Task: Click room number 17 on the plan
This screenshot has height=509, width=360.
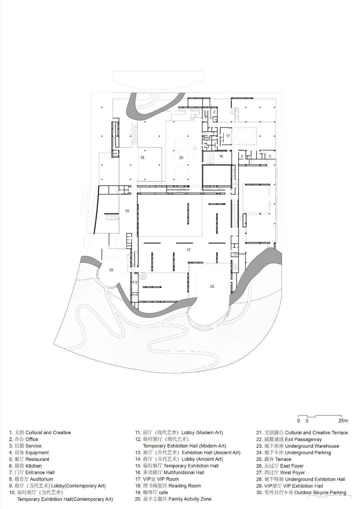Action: point(228,136)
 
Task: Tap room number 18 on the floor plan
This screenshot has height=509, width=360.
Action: point(142,157)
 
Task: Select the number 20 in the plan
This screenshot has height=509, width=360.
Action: point(181,157)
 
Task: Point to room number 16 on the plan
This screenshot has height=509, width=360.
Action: point(221,156)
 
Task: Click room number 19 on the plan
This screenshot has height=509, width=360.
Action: point(127,211)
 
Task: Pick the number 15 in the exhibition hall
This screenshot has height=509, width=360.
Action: point(188,250)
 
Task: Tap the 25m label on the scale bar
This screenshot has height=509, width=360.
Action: point(343,421)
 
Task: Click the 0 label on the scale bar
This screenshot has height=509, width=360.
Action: point(299,421)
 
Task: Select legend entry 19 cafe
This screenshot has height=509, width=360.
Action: point(152,492)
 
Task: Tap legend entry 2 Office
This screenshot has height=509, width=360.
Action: point(24,439)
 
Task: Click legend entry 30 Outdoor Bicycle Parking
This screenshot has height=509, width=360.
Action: point(301,492)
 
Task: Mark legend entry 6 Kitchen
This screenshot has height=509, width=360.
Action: point(25,466)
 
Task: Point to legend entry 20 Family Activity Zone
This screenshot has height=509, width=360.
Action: point(173,499)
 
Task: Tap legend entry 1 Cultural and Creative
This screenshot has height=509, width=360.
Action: point(40,433)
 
